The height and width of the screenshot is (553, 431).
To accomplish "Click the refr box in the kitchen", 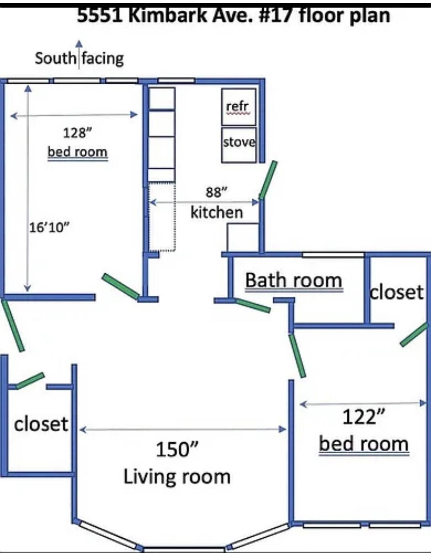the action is tap(238, 106).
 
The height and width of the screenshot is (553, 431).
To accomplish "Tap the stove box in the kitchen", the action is tap(239, 145).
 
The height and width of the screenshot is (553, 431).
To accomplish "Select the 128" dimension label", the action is tap(78, 133).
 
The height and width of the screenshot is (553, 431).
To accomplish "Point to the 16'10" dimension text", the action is tap(49, 227).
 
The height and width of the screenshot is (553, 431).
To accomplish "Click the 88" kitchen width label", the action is tap(216, 192).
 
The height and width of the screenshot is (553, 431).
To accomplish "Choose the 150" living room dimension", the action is tap(177, 449).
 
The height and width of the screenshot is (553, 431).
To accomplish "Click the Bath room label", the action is tap(293, 280).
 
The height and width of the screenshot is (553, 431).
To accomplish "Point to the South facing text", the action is tap(79, 59).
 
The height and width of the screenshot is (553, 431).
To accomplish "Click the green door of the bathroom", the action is tap(253, 305).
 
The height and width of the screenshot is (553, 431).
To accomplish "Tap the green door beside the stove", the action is tap(268, 180).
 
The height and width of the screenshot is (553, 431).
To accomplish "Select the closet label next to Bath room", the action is tap(397, 293).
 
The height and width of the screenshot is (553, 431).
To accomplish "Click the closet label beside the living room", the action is tap(41, 424).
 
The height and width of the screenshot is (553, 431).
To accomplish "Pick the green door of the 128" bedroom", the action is tap(121, 286).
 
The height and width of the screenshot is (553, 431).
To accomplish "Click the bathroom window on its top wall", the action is tap(333, 255).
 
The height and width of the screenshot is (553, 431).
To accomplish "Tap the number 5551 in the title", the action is tap(100, 16).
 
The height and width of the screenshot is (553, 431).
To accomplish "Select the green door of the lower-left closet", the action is tap(30, 381).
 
